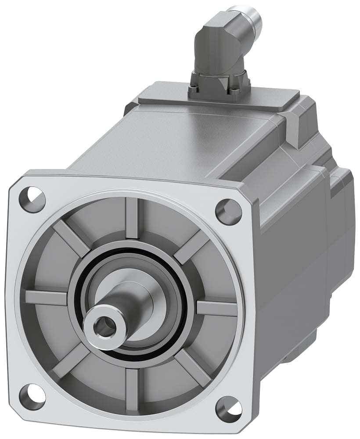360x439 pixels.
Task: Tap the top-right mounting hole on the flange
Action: tap(228, 211)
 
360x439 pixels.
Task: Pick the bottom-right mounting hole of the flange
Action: tap(229, 408)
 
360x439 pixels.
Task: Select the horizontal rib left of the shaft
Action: tap(46, 297)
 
